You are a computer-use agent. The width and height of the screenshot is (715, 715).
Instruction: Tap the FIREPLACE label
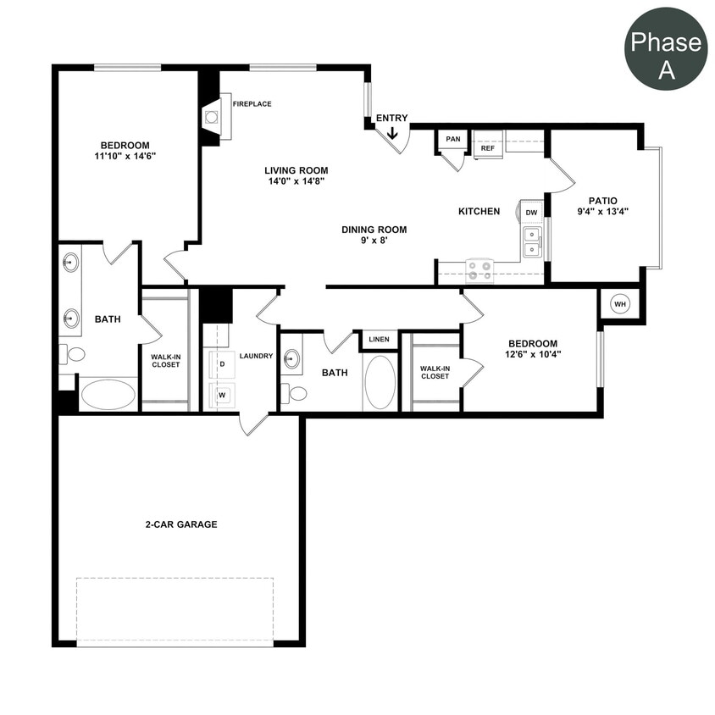252,104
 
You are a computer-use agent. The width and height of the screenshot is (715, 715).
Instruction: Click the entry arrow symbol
392,132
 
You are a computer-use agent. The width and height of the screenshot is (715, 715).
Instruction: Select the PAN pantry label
453,140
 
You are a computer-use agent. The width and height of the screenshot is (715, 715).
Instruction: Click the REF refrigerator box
488,147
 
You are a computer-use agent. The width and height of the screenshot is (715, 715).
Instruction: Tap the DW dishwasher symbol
531,213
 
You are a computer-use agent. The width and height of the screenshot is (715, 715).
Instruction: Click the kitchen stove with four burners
479,271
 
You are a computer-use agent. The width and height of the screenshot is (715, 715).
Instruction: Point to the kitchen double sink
532,241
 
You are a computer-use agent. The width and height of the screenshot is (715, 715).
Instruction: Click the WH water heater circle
620,304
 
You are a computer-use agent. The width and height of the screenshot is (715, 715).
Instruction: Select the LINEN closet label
380,340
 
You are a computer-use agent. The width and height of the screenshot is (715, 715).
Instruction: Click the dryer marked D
221,363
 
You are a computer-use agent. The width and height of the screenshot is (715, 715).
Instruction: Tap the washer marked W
222,395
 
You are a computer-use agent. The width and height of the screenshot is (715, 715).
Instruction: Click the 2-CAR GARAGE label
180,524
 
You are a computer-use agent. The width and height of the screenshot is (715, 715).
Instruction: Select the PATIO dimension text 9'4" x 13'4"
603,212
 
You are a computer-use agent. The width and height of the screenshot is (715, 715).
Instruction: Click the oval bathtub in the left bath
108,395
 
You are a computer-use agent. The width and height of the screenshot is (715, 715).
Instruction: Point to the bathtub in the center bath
380,382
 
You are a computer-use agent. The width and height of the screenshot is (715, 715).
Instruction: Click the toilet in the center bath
297,392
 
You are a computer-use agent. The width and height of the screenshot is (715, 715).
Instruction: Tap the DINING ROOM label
374,230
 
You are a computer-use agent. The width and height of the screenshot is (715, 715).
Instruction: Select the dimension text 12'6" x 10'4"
533,354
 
